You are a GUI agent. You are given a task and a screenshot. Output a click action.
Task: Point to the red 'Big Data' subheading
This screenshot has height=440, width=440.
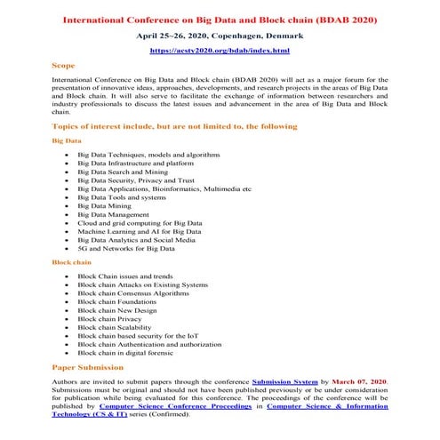tap(67, 140)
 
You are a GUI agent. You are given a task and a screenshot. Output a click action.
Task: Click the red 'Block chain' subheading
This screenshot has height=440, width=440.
tap(70, 263)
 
